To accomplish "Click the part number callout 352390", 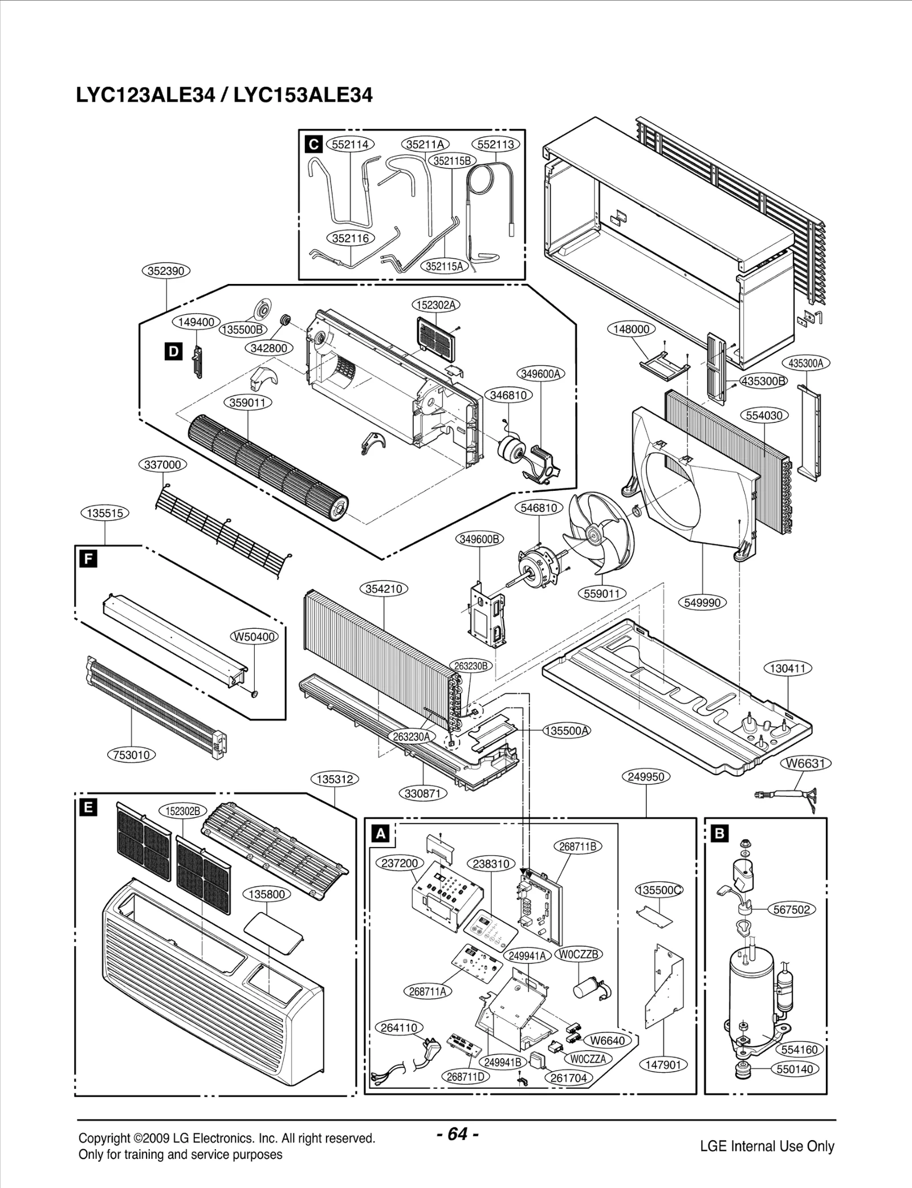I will point(165,271).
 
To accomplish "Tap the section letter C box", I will point(313,144).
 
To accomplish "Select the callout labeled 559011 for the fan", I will point(602,593).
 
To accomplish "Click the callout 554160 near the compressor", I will point(799,1049).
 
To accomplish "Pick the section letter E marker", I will point(88,807).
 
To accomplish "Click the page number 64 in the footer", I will point(457,1133).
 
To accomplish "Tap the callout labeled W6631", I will point(805,763).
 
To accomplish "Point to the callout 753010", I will point(132,755).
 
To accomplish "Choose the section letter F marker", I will point(88,559).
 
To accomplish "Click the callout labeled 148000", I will point(632,329).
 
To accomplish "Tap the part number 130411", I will point(787,668).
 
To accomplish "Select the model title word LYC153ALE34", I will point(303,95).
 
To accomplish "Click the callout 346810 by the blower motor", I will point(508,395).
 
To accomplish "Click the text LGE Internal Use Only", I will point(767,1146).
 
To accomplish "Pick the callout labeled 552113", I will point(496,144).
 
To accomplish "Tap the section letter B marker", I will point(720,834).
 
